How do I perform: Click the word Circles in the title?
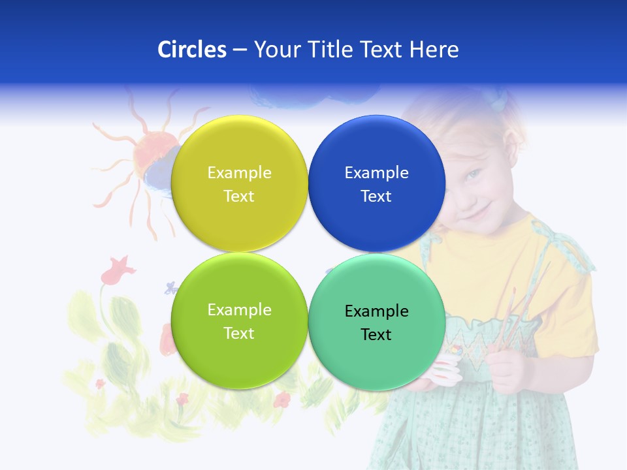point(191,50)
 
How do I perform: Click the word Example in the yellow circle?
point(239,173)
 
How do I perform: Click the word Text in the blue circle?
point(376,196)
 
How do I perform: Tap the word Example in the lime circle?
point(239,310)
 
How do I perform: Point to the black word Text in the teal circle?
point(376,335)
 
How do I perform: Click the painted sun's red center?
point(152,151)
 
